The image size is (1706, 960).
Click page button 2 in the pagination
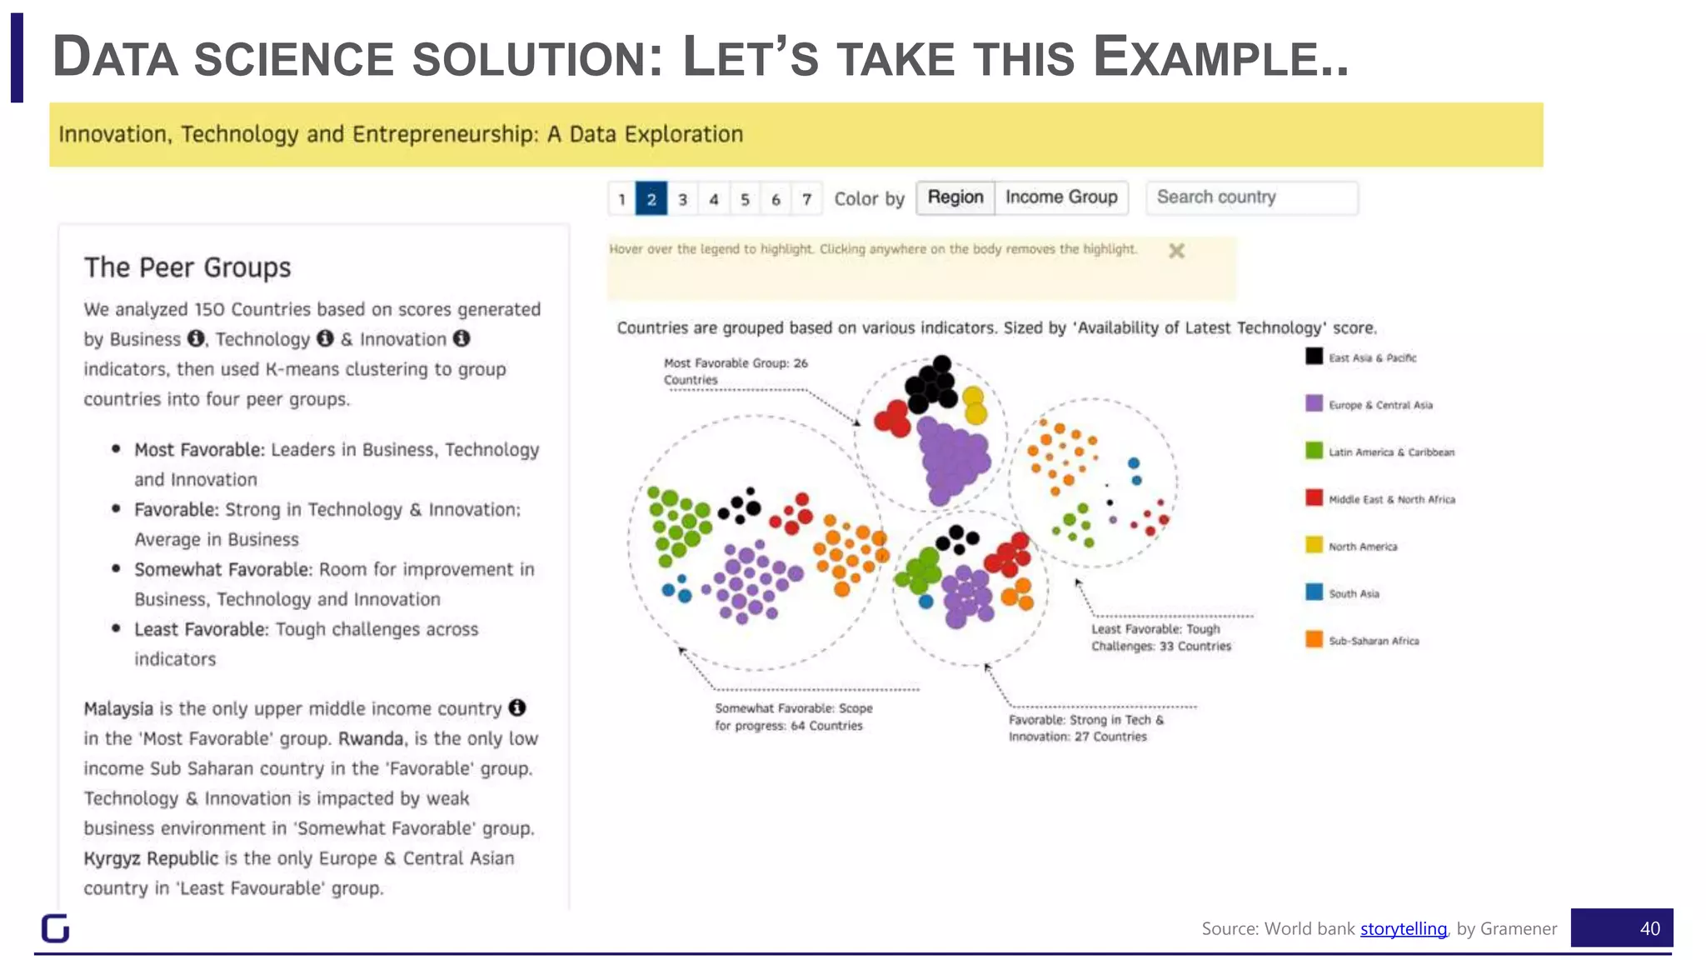(x=651, y=199)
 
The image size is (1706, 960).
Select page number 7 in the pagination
(x=806, y=199)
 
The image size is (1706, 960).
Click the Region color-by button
(x=955, y=197)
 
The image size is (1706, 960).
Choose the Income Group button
(x=1061, y=197)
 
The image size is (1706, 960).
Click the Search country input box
(x=1251, y=197)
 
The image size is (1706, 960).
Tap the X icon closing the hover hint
(x=1176, y=251)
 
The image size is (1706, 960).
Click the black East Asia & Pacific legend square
(x=1314, y=357)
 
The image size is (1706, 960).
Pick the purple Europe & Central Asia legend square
(x=1314, y=404)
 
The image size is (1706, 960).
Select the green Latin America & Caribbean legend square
(x=1314, y=451)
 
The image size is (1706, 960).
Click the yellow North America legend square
(x=1314, y=546)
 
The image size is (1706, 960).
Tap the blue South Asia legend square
(x=1314, y=592)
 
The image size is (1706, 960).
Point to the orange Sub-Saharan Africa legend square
(x=1314, y=640)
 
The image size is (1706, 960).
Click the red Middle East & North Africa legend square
(x=1314, y=498)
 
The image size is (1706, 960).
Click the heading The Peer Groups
(x=187, y=267)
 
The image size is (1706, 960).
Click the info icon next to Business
(x=196, y=338)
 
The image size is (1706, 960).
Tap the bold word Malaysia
(x=118, y=709)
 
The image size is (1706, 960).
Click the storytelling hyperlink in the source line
(x=1403, y=928)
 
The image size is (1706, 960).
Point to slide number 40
(x=1649, y=928)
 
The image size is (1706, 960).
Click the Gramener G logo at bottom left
(x=55, y=928)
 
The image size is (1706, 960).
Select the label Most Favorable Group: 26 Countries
(x=735, y=372)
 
